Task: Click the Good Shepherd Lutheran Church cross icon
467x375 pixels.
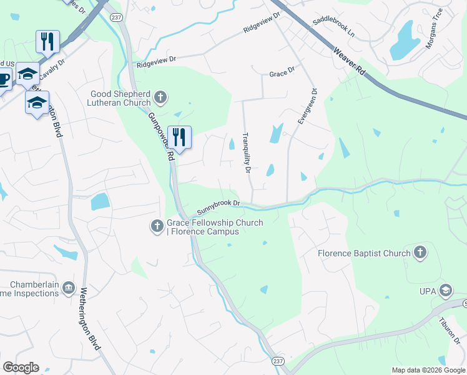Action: [161, 96]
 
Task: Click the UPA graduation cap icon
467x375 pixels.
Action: [445, 290]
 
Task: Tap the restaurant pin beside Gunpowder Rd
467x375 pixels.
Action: [180, 139]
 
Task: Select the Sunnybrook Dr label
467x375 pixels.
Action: [219, 204]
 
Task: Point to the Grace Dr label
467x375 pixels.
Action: [282, 74]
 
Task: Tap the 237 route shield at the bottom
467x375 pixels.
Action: [278, 361]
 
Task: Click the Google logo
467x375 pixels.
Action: [21, 367]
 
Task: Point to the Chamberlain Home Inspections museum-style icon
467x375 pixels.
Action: [68, 289]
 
